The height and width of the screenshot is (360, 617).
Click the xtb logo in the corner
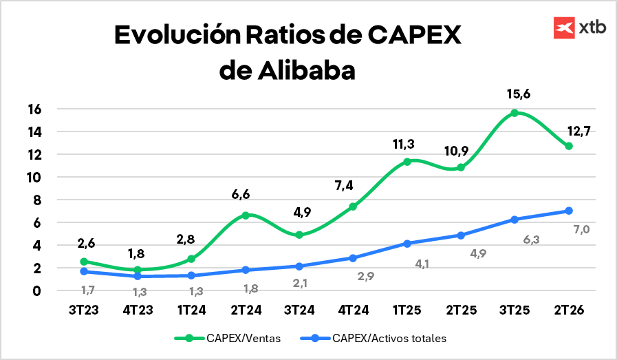(580, 28)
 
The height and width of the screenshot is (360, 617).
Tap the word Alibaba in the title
(310, 70)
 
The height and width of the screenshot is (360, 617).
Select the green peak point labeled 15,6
(514, 113)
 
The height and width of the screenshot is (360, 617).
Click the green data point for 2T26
(568, 146)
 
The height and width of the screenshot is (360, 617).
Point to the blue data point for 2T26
(568, 211)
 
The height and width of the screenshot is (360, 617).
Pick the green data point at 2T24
(246, 215)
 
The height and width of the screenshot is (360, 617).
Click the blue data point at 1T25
(407, 244)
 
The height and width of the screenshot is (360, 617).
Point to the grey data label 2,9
(367, 276)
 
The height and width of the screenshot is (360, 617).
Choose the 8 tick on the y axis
(37, 200)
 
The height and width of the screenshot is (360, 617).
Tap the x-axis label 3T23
(84, 310)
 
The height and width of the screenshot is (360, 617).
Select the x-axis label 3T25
(514, 310)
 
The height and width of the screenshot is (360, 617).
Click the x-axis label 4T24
(353, 310)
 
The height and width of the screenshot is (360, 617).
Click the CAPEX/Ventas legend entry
(236, 338)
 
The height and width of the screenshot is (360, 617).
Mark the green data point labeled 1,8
(138, 270)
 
